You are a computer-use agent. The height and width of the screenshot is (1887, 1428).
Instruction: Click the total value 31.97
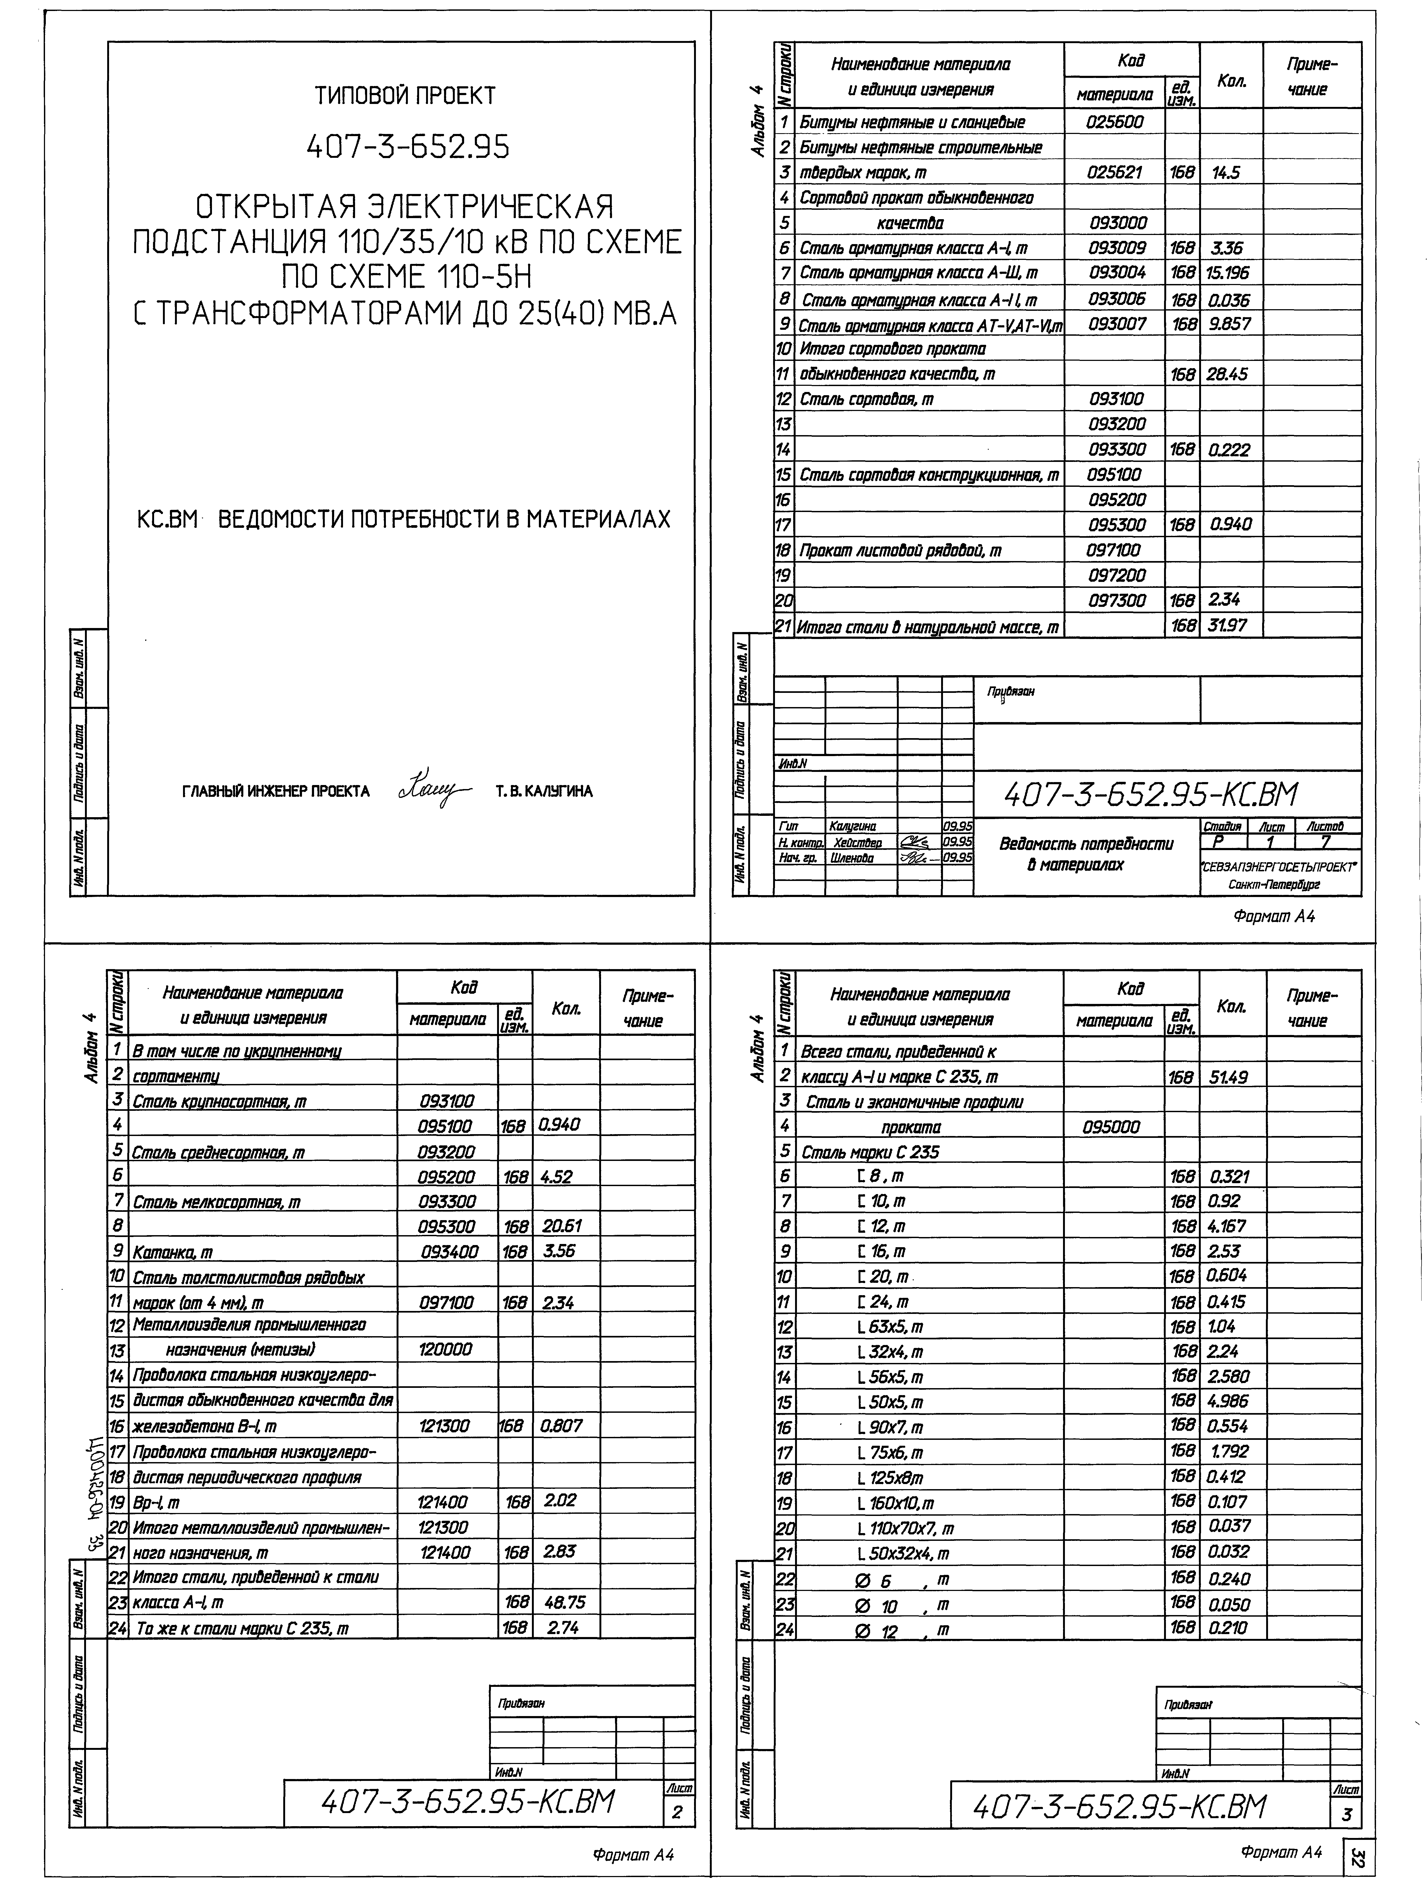(1228, 625)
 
